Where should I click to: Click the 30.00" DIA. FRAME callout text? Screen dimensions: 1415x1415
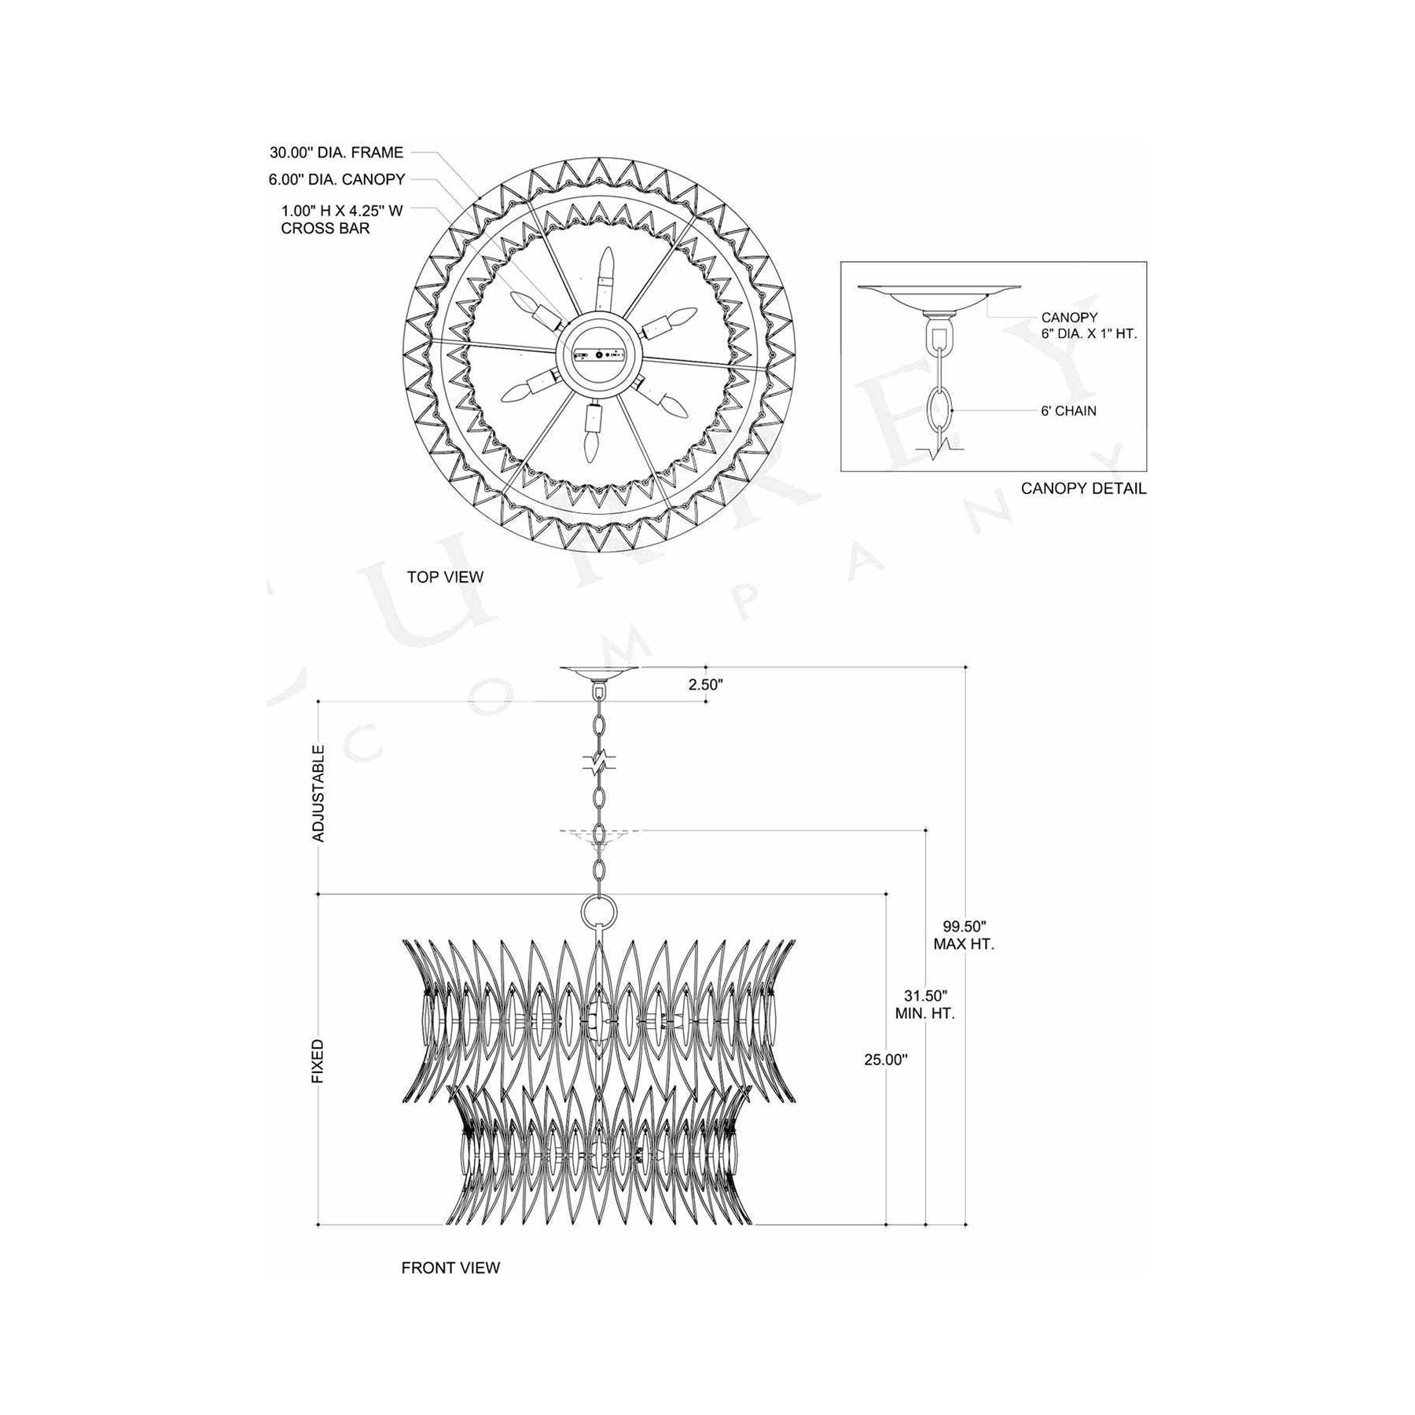tap(336, 153)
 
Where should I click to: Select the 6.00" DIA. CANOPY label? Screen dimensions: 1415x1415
tap(336, 179)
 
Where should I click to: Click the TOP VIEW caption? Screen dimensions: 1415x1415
tap(445, 577)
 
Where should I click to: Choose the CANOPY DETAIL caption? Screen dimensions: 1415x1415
tap(1083, 488)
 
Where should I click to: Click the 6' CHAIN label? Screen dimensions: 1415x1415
tap(1068, 410)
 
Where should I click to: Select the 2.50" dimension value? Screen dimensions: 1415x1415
tap(705, 684)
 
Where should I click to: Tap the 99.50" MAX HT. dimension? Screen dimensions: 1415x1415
tap(964, 935)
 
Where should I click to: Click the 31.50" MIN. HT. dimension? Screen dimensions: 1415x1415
tap(924, 1005)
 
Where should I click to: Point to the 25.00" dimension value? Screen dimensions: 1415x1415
tap(885, 1060)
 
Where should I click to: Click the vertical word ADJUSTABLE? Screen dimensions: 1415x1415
tap(318, 793)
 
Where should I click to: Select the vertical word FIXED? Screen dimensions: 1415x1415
tap(318, 1061)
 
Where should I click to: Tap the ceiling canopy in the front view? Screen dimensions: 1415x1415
tap(599, 672)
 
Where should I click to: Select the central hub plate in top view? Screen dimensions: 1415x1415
tap(599, 355)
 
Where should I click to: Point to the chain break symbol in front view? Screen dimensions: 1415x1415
tap(599, 761)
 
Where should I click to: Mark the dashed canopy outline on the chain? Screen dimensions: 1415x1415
tap(599, 835)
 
